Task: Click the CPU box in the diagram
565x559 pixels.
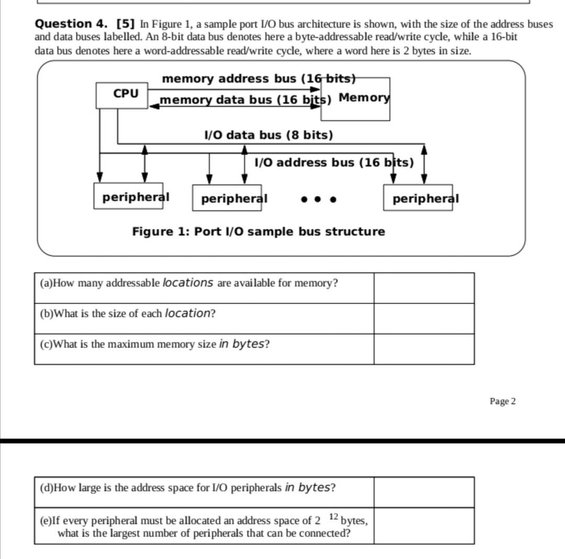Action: click(122, 95)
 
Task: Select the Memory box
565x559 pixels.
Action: click(364, 98)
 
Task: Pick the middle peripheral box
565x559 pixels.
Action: click(227, 198)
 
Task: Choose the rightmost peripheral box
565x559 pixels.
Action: click(418, 198)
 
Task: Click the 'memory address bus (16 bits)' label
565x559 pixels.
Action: click(258, 78)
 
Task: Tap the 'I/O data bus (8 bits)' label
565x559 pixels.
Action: click(268, 135)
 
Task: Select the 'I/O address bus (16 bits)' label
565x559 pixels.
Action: click(334, 162)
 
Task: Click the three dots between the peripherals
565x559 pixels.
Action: click(318, 199)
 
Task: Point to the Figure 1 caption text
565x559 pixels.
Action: click(258, 231)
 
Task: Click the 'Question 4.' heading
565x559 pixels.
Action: click(71, 24)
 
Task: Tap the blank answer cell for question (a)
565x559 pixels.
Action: click(424, 288)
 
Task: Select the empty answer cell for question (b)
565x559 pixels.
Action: click(424, 318)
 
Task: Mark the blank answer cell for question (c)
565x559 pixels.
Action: click(424, 349)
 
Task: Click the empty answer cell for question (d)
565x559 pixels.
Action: click(424, 492)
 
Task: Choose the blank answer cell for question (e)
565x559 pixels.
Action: click(424, 526)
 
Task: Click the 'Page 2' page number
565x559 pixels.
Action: click(502, 401)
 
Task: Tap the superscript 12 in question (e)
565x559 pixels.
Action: click(333, 517)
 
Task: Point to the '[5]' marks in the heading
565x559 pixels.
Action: click(126, 24)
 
